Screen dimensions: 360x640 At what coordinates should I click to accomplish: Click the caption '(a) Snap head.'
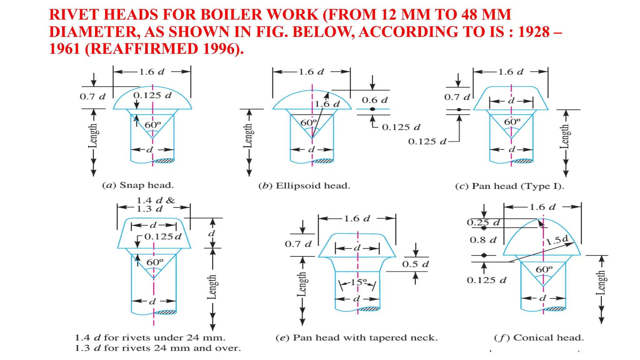click(138, 185)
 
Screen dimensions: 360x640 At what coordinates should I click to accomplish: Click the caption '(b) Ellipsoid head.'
click(304, 186)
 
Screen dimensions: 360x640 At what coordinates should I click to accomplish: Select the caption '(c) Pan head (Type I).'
click(510, 186)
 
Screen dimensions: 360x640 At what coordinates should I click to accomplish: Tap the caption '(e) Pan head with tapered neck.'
click(357, 338)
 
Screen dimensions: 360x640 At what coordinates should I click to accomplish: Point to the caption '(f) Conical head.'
click(539, 338)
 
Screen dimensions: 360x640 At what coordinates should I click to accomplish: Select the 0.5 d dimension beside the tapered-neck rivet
click(415, 264)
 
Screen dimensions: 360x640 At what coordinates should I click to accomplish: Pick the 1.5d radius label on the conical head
click(557, 240)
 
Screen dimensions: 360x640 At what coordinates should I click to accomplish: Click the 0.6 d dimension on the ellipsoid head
click(375, 100)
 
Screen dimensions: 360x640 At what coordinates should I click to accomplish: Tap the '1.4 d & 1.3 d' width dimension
click(155, 204)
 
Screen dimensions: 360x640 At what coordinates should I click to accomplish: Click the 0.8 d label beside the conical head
click(483, 240)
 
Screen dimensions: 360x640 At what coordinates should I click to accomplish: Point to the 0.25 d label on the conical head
click(483, 222)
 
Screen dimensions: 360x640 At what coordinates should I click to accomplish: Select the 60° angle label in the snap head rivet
click(153, 125)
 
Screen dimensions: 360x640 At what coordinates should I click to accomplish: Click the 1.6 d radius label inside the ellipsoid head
click(327, 104)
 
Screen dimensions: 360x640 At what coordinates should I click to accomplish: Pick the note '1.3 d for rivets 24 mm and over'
click(158, 348)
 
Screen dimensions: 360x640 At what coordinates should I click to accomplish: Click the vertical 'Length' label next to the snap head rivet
click(93, 136)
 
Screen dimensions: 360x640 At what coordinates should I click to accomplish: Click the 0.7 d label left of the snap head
click(92, 97)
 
